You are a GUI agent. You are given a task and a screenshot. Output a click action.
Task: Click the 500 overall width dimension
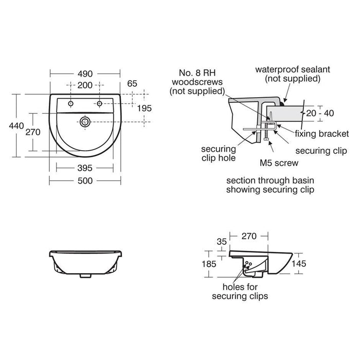click(85, 181)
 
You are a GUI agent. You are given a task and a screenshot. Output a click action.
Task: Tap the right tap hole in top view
click(100, 103)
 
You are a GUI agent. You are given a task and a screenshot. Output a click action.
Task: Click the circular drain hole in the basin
click(85, 122)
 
